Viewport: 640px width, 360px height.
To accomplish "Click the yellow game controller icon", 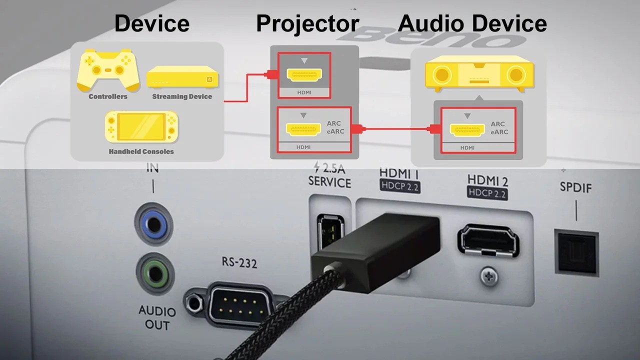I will tap(108, 69).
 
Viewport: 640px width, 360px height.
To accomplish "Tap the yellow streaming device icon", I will tap(182, 77).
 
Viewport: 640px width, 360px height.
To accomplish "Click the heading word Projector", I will tap(307, 23).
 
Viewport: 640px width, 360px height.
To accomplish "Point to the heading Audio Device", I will tap(472, 23).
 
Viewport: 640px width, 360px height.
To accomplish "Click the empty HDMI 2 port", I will tap(487, 241).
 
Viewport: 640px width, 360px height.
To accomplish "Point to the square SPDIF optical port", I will tap(576, 251).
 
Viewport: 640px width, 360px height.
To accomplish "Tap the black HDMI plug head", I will tap(375, 250).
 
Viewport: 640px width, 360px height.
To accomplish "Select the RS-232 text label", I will tap(239, 262).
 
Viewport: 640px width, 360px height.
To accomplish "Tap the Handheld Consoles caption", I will tap(141, 151).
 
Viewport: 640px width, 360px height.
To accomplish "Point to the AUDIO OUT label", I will tap(157, 318).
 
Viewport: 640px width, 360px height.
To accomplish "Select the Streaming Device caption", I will tap(182, 96).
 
